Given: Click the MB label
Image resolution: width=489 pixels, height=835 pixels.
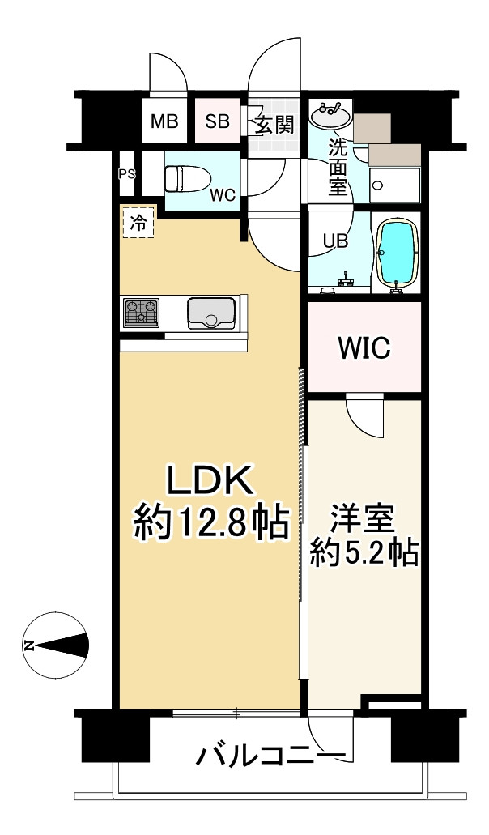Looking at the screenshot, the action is coord(164,122).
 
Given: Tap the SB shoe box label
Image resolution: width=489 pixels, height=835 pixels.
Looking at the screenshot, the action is coord(218,122).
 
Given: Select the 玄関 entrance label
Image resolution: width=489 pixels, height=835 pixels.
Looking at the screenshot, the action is coord(274,125).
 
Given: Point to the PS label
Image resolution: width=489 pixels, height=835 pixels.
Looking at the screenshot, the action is coord(127,173).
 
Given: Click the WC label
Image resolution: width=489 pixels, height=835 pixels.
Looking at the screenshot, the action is coord(222,195).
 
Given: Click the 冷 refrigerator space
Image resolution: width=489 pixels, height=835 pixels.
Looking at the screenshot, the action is coord(138,222).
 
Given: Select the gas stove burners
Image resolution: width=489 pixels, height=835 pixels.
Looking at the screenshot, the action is coord(141,312).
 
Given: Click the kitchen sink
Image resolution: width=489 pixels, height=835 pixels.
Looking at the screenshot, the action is coord(210,313).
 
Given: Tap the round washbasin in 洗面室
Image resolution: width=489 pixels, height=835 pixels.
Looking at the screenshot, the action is coord(330,114).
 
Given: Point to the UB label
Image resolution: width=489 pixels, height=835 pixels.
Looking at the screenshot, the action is coord(336,241).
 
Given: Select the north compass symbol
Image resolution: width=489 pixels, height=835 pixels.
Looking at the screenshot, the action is coord(55,646).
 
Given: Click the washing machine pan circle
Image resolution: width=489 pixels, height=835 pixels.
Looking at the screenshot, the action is coord(378,185).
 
